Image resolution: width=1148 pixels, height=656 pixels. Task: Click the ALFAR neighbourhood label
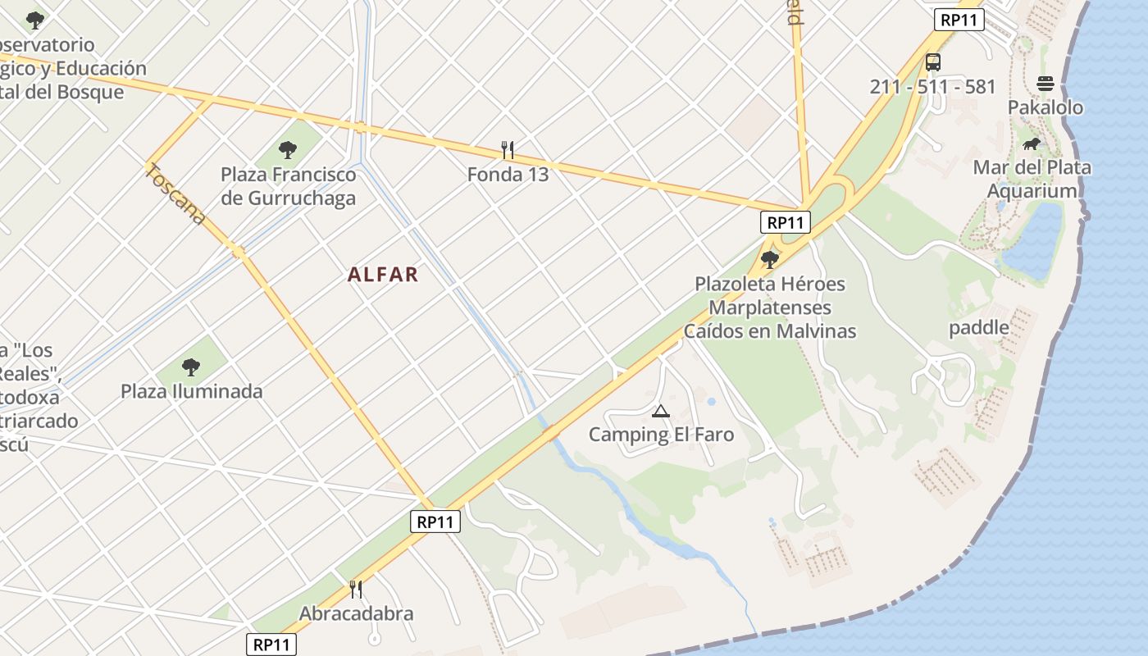tap(383, 275)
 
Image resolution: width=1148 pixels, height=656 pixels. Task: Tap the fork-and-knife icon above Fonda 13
tap(508, 150)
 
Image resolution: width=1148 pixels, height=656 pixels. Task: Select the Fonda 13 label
tap(508, 175)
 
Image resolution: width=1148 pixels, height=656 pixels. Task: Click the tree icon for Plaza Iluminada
tap(191, 367)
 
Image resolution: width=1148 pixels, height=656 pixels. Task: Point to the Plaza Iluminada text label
tap(192, 391)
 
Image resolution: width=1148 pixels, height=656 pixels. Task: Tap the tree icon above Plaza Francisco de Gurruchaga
tap(287, 150)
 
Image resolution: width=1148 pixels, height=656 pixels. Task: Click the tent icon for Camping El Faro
tap(660, 411)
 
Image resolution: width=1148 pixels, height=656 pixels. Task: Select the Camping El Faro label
tap(661, 435)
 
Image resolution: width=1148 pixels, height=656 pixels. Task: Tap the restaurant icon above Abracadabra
tap(356, 590)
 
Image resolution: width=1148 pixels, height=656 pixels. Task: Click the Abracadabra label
tap(356, 613)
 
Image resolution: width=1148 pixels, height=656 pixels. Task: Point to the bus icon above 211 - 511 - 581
tap(933, 62)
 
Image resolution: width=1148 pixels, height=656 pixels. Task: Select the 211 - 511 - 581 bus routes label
tap(932, 87)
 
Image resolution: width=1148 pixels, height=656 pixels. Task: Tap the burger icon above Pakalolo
tap(1045, 84)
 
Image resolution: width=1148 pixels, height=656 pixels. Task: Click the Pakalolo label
tap(1045, 107)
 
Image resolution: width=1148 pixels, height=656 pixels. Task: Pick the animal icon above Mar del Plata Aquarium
tap(1032, 144)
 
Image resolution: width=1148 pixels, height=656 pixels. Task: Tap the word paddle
tap(978, 328)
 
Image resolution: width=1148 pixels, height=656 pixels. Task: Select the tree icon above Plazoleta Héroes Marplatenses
tap(769, 260)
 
